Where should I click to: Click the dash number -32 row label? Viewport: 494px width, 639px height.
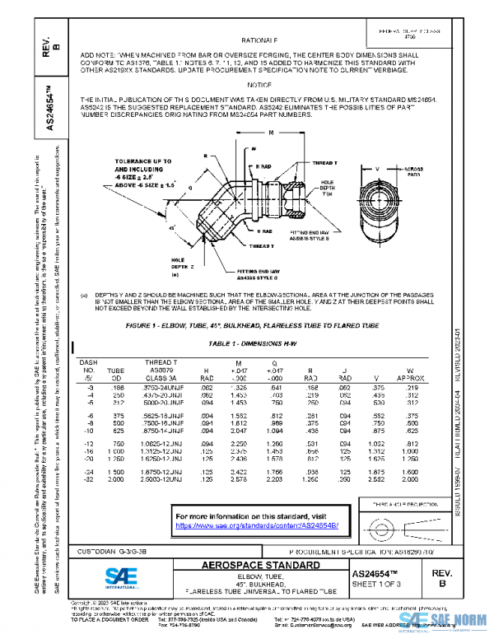86,478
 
